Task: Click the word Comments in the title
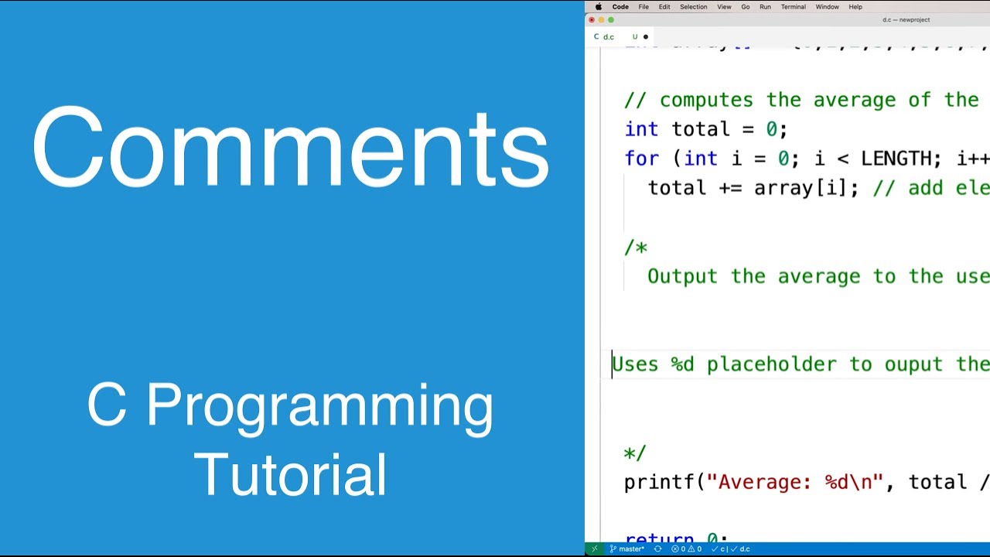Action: point(290,149)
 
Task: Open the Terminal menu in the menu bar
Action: point(793,7)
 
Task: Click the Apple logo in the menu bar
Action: point(598,7)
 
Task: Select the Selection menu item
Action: point(693,7)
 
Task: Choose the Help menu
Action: point(855,7)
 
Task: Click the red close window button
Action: point(592,20)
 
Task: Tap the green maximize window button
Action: point(611,20)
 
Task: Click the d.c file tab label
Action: point(609,36)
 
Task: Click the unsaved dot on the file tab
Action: point(646,36)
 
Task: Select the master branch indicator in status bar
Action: point(627,549)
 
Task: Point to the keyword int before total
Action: point(641,129)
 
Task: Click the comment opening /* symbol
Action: point(636,248)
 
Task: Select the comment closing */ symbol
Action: point(635,453)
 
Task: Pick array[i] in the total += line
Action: point(806,188)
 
